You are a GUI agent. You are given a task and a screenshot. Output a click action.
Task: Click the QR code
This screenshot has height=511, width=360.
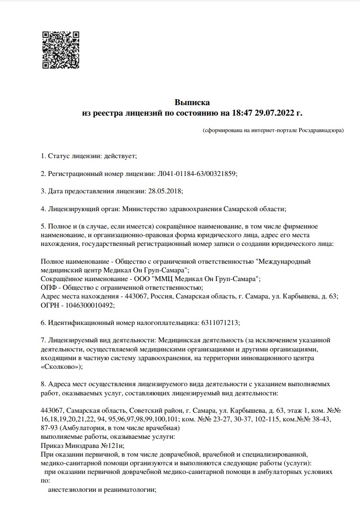click(x=61, y=50)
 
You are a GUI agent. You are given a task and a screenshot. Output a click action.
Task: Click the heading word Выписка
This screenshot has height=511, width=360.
click(x=192, y=102)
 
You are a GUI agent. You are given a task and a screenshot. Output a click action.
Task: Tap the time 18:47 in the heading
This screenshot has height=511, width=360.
click(x=242, y=112)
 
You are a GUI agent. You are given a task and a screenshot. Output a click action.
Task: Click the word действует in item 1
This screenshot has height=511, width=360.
click(x=120, y=156)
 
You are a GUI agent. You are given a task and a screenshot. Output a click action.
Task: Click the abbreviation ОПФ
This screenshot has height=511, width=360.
click(x=48, y=287)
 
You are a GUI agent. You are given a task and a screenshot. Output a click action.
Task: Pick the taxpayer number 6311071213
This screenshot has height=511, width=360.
click(x=220, y=323)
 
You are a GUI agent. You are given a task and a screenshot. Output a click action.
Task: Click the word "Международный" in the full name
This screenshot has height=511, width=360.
click(x=284, y=261)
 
